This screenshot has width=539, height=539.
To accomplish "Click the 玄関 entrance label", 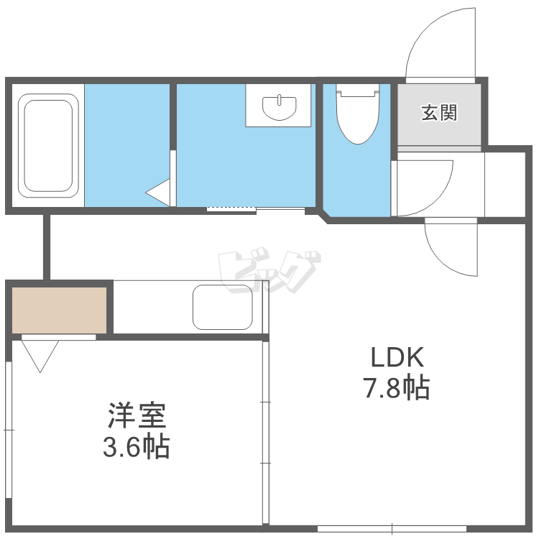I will tap(439, 113).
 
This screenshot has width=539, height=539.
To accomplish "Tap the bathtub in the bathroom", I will tap(49, 145).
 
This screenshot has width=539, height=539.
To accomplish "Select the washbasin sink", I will tap(280, 108).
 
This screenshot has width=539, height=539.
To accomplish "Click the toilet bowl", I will tap(356, 118).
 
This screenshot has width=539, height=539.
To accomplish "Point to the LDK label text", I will tap(398, 357).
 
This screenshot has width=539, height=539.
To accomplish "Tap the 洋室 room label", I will tap(137, 415).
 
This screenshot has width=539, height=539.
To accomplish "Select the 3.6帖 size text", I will tap(137, 447).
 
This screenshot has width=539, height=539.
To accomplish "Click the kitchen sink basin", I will tap(223, 307).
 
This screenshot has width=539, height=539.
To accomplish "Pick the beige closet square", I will tap(59, 310).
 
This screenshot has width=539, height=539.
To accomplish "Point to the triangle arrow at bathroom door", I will tap(160, 193).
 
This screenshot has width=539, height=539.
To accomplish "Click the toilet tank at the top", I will tap(356, 91).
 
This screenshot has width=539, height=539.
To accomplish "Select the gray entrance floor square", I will tap(439, 114).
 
